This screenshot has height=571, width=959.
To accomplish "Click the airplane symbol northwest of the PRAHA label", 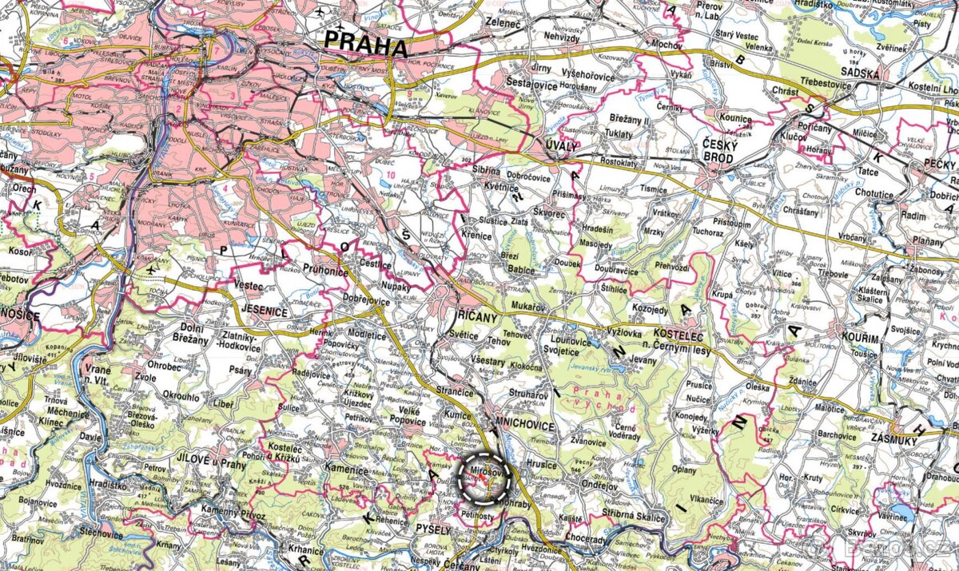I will [x=322, y=12].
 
